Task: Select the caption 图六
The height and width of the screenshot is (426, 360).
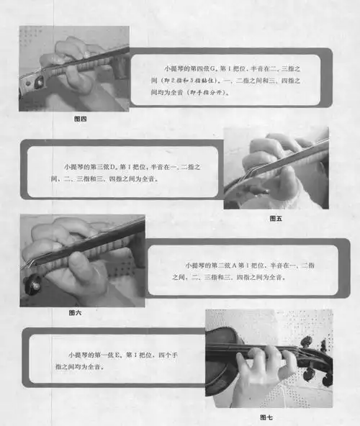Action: (x=74, y=312)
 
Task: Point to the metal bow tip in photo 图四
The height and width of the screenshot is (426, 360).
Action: (x=33, y=81)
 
